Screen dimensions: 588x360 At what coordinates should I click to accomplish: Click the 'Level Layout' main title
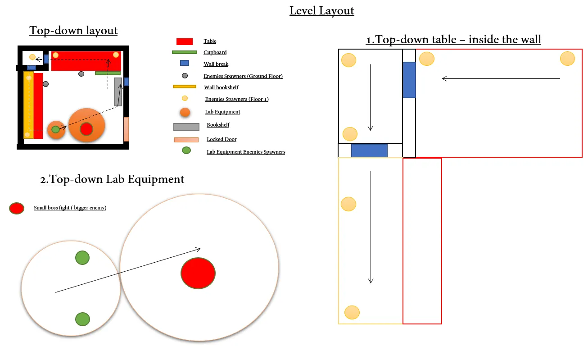[321, 11]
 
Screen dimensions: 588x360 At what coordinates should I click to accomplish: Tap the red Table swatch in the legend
[184, 41]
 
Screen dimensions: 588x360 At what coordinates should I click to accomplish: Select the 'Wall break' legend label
[216, 64]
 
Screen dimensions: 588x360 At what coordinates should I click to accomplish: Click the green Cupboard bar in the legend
[184, 52]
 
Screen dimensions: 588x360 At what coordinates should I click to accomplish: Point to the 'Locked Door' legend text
[222, 139]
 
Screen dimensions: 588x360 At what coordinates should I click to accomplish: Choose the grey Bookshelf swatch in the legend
[186, 127]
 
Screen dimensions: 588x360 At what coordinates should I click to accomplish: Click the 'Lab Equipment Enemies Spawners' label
[246, 152]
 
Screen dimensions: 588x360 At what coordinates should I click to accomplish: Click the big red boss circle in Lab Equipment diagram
[198, 273]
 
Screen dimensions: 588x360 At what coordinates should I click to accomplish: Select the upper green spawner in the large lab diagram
[82, 258]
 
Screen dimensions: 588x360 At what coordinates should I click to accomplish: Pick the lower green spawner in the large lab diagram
[82, 319]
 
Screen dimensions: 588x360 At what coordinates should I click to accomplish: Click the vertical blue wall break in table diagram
[409, 80]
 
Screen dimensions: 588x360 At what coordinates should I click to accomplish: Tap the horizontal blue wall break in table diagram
[369, 150]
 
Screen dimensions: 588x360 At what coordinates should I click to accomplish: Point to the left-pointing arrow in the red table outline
[501, 78]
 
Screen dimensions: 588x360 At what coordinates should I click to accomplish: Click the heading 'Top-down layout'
[73, 31]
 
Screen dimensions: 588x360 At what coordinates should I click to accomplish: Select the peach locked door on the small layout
[126, 129]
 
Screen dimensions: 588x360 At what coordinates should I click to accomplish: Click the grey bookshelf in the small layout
[118, 92]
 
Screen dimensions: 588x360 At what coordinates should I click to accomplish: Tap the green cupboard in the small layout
[108, 73]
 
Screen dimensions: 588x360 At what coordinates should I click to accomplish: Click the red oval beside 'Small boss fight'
[17, 208]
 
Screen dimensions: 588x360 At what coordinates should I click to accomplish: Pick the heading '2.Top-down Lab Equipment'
[112, 179]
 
